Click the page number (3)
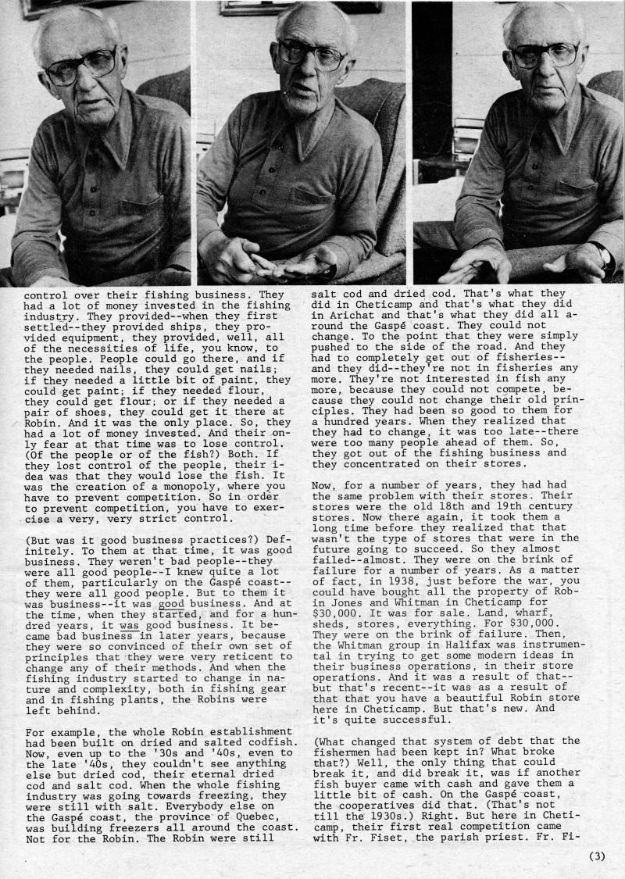(x=597, y=855)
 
